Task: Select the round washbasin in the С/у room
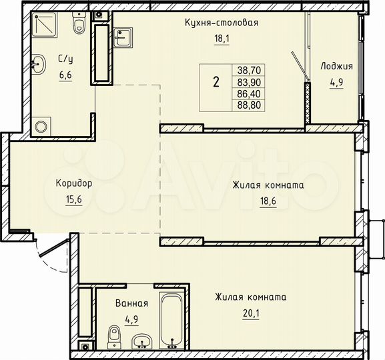click(39, 64)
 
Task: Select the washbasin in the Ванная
click(141, 343)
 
